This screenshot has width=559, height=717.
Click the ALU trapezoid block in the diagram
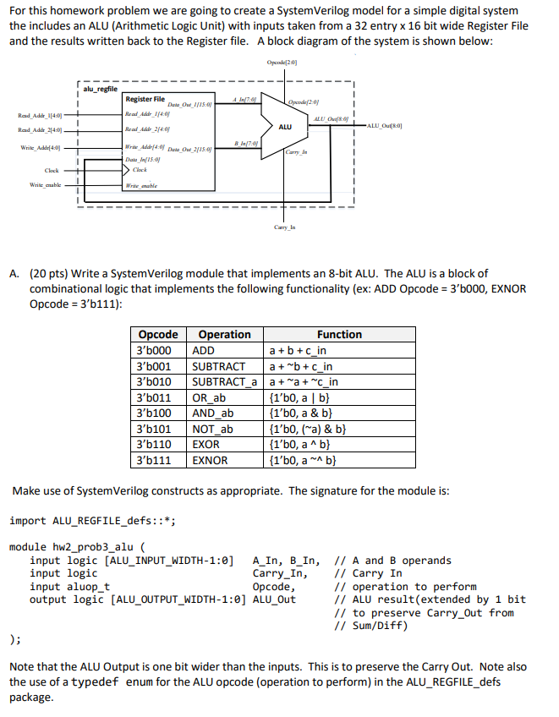285,126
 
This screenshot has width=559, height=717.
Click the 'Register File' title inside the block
145,99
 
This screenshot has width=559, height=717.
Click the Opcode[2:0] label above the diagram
281,63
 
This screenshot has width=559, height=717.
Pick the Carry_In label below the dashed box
283,227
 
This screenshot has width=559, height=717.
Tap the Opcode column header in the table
158,335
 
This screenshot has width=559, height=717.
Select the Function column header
339,335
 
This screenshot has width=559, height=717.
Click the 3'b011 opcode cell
154,397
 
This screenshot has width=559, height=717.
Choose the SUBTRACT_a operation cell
224,382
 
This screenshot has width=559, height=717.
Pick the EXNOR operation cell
210,460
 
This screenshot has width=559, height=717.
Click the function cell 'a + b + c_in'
298,350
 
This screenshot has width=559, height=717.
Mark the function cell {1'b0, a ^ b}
304,445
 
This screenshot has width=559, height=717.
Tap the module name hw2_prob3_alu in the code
96,547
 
